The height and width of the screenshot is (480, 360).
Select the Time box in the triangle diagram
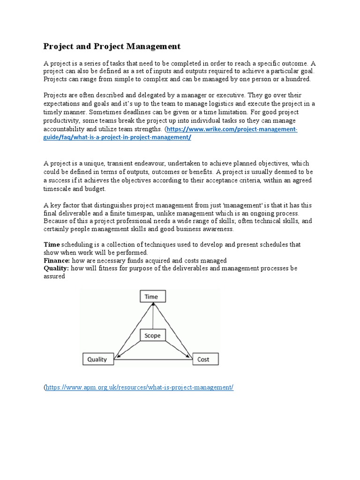click(x=151, y=297)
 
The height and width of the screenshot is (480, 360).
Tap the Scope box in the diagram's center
click(x=152, y=336)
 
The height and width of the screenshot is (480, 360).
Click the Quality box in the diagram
click(x=97, y=360)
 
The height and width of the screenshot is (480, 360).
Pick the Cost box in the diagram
click(x=203, y=360)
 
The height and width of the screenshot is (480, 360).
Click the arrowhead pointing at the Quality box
click(x=117, y=357)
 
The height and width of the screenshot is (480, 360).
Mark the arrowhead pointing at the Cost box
click(x=189, y=357)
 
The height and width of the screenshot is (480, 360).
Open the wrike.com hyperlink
click(x=232, y=129)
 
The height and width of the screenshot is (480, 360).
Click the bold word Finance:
click(x=57, y=260)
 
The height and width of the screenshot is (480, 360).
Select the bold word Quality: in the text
click(x=56, y=268)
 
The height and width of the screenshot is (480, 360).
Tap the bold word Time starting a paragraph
click(x=52, y=244)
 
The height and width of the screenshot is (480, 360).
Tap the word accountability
click(x=67, y=128)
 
